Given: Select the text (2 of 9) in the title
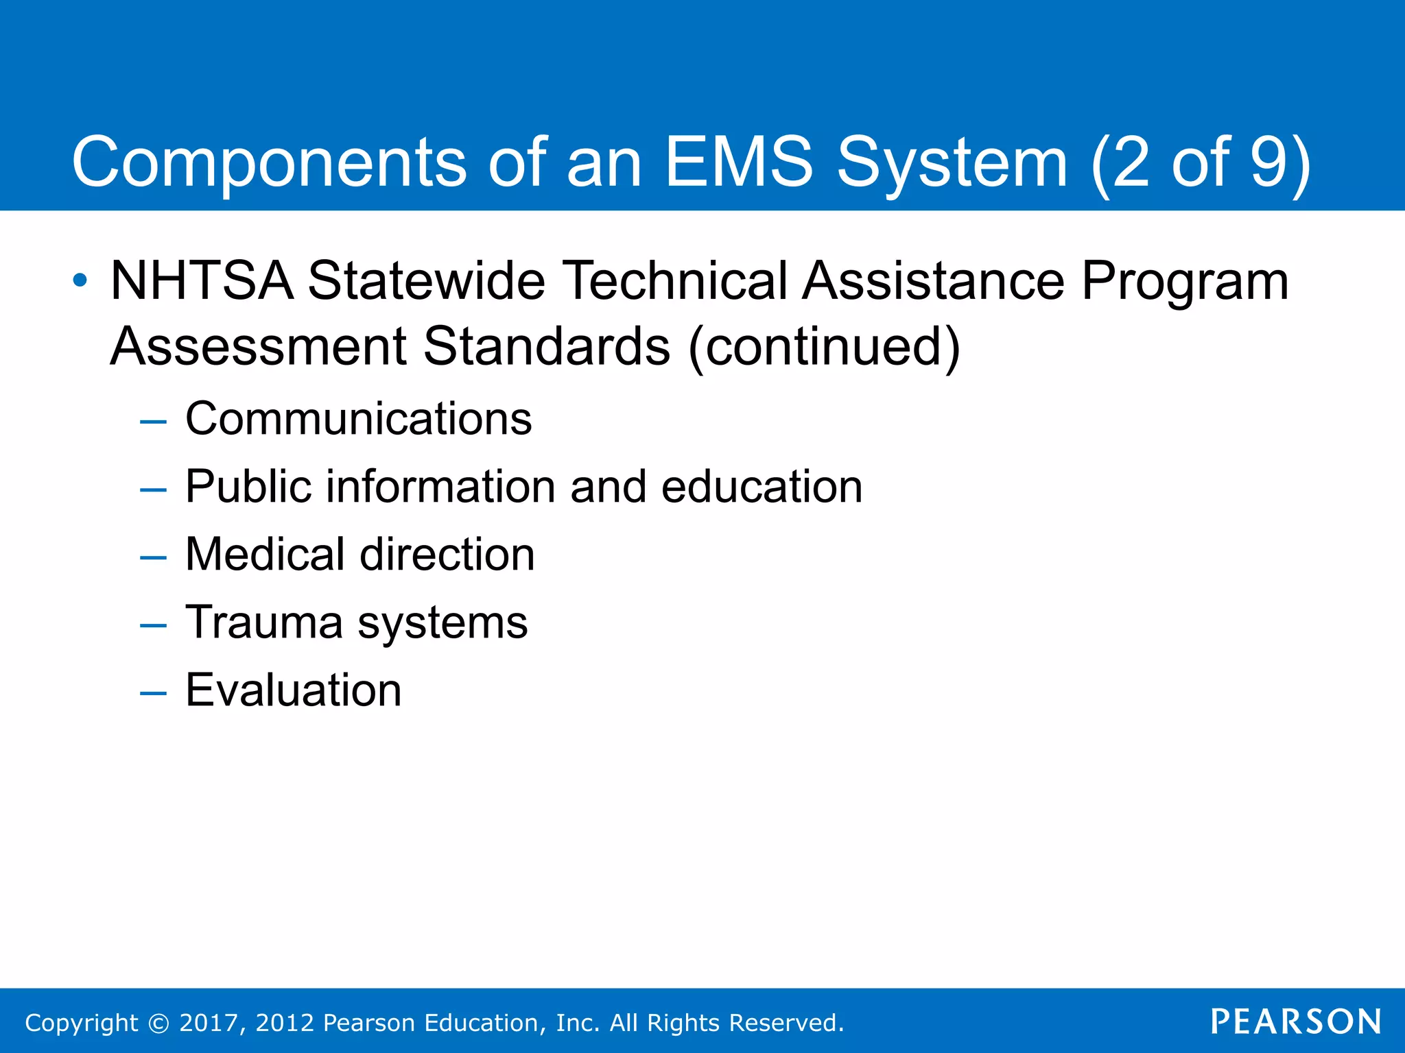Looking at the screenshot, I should (1200, 163).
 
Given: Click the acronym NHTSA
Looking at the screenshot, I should (202, 281).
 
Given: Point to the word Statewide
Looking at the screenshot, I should (426, 281).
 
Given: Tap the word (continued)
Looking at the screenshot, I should (823, 347).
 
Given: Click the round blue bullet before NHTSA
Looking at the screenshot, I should (80, 280).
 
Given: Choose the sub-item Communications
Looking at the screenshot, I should (358, 419).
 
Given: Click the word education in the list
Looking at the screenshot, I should (761, 487).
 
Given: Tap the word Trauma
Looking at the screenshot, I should (263, 622).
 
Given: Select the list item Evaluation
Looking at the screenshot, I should (294, 690).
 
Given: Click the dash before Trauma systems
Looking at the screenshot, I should (153, 625).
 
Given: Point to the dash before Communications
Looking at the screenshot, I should (153, 422).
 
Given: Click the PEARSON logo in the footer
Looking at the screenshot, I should (1296, 1022).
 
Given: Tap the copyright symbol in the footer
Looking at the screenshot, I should (158, 1023).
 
